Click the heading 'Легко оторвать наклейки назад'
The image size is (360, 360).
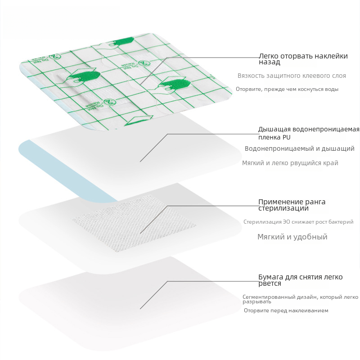click(x=303, y=59)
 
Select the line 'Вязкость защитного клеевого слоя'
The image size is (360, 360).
click(x=292, y=76)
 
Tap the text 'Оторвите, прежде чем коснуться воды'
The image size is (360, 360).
click(x=287, y=89)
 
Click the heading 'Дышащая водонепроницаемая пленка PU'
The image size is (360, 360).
click(x=309, y=133)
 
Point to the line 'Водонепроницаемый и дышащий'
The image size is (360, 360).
click(x=300, y=148)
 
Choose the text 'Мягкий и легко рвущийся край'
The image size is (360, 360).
click(x=290, y=163)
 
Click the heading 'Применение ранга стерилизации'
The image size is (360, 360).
click(x=292, y=205)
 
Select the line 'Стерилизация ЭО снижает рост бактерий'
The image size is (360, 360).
click(x=298, y=222)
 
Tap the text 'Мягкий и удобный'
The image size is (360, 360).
click(x=292, y=237)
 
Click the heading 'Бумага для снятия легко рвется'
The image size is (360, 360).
click(x=301, y=280)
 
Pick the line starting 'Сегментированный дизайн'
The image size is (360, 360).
click(x=300, y=299)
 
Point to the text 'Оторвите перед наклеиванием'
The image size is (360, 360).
click(x=286, y=310)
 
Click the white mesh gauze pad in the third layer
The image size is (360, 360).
click(x=134, y=223)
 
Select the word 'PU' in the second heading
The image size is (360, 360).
click(x=287, y=137)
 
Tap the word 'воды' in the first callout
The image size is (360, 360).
click(x=332, y=89)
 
